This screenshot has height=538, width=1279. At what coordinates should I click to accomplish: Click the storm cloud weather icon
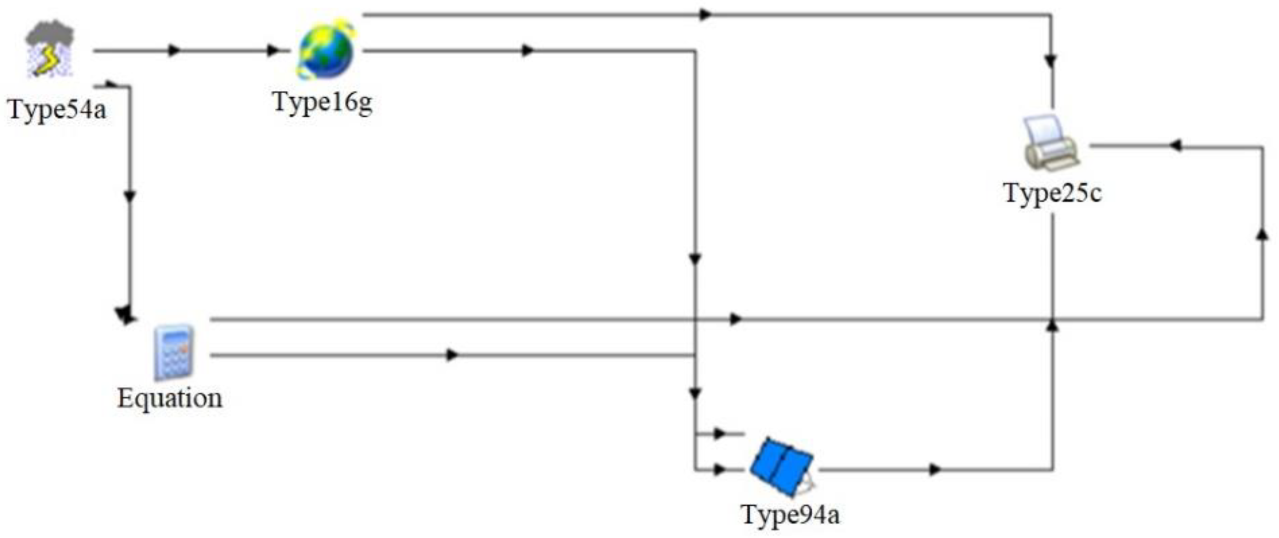[x=50, y=49]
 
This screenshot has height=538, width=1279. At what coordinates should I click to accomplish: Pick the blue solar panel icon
[x=781, y=466]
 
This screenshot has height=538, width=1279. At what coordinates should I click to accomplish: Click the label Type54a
[x=57, y=109]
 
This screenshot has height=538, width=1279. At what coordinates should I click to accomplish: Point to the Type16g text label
[x=323, y=103]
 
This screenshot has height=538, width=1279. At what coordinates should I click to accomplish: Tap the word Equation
[x=170, y=399]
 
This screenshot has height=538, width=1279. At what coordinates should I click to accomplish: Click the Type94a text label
[x=791, y=514]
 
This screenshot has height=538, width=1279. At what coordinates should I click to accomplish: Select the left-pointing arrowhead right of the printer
[x=1175, y=146]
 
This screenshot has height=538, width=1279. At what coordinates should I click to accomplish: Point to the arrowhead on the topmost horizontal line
[x=706, y=15]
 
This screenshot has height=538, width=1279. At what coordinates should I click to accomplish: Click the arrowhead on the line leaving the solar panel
[x=935, y=469]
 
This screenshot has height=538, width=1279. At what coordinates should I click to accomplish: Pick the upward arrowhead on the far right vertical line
[x=1262, y=234]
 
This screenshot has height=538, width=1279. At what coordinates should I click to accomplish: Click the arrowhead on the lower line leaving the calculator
[x=452, y=355]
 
